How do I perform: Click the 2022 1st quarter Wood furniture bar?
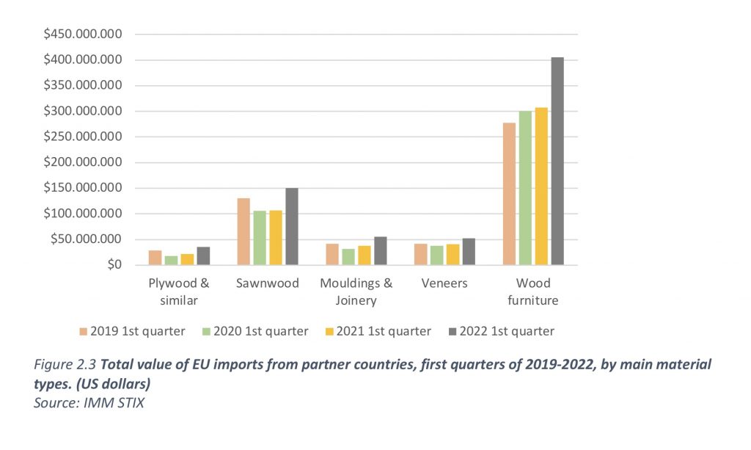click(557, 161)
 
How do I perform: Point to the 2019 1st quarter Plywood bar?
click(155, 258)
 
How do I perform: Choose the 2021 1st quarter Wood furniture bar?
click(541, 186)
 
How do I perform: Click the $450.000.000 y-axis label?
click(82, 35)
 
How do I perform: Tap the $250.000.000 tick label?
click(82, 137)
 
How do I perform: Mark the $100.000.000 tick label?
click(82, 214)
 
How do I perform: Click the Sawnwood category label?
click(268, 283)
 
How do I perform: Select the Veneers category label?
click(444, 283)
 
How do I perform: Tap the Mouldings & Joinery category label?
click(356, 291)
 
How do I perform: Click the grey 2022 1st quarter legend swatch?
click(452, 332)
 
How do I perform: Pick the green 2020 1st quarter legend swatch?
click(206, 332)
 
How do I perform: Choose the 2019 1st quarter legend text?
click(137, 332)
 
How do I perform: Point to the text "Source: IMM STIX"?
click(89, 403)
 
